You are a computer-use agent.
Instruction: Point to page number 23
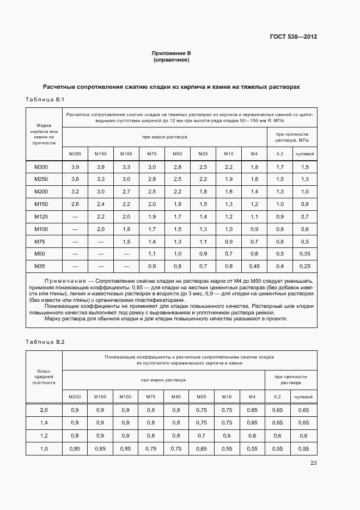pos(313,463)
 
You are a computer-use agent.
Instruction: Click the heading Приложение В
pos(171,53)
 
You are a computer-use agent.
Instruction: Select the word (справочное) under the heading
pos(171,60)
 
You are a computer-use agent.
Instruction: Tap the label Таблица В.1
pos(45,99)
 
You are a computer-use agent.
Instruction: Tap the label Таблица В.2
pos(45,342)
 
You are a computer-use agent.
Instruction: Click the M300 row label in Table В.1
pos(41,167)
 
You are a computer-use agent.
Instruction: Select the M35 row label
pos(41,266)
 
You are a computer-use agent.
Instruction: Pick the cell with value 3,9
pos(75,167)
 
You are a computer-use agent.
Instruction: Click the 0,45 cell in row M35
pos(254,266)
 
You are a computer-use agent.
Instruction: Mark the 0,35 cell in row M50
pos(304,254)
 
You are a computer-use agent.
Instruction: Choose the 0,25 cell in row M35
pos(304,266)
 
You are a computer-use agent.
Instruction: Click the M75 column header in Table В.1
pos(152,154)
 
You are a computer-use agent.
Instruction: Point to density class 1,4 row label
pos(44,423)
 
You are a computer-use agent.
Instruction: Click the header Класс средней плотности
pos(44,377)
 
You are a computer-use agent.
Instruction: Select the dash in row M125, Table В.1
pos(75,217)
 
